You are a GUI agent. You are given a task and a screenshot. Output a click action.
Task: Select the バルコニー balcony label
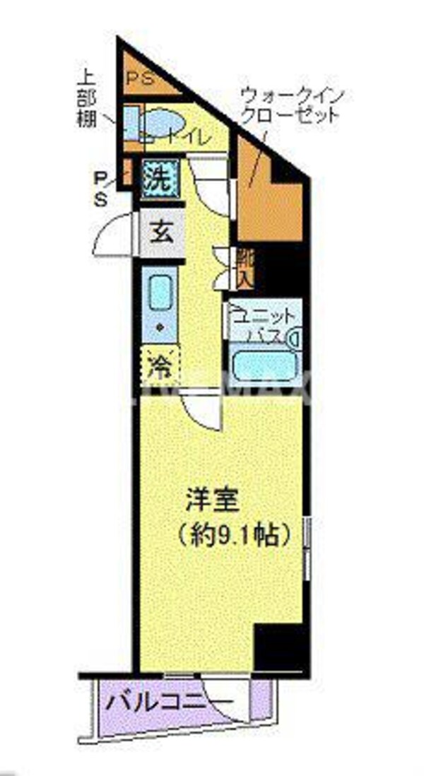(169, 702)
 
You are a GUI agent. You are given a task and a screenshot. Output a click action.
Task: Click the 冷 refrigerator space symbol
(161, 365)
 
